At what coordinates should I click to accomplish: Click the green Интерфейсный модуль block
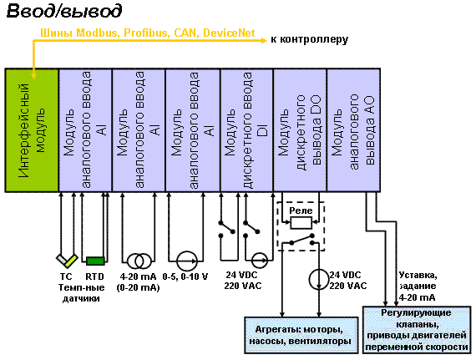32,130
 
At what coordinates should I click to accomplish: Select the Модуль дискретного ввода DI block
247,130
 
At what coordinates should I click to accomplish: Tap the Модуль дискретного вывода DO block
301,130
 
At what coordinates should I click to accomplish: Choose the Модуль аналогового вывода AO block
353,130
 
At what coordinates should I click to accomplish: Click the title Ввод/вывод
64,12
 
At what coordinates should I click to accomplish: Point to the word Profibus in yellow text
146,33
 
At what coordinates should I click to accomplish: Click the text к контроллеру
309,39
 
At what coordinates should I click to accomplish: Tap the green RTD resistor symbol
95,261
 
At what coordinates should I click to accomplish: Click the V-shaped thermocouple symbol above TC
67,261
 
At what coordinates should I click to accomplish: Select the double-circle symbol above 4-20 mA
139,261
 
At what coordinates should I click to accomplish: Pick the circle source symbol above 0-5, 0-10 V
187,261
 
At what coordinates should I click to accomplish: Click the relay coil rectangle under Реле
301,222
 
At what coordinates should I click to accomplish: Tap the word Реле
301,210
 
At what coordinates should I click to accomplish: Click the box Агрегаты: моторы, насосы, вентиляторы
301,336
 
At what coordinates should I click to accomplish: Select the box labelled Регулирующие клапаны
417,330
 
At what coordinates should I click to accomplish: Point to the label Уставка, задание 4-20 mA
418,286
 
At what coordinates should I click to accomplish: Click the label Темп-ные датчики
81,293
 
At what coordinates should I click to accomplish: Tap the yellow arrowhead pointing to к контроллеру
263,40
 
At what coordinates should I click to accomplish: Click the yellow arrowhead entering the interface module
33,75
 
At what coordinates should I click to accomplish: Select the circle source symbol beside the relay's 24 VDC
319,279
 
